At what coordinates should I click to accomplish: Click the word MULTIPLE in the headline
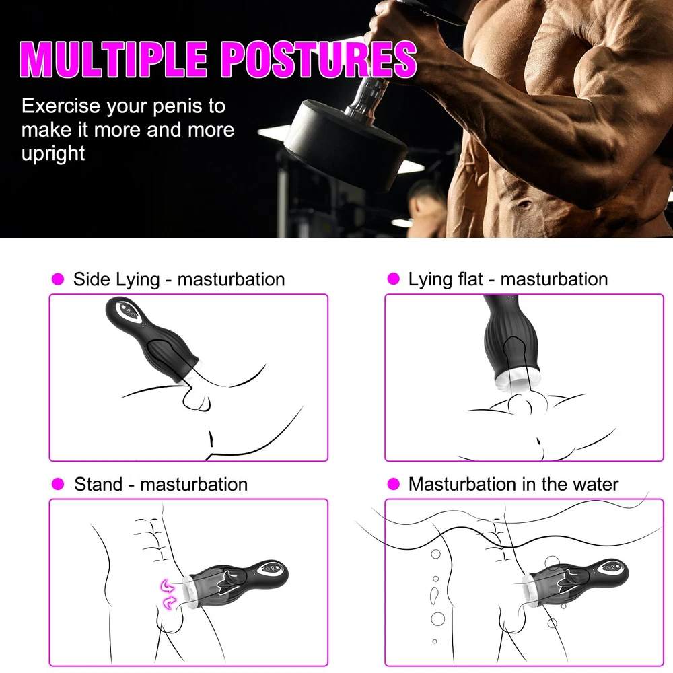[x=113, y=60]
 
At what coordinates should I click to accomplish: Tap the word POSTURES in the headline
[x=319, y=60]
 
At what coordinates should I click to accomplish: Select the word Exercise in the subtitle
[x=61, y=106]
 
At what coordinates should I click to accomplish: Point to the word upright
[x=53, y=153]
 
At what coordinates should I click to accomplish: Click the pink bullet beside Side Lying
[x=57, y=279]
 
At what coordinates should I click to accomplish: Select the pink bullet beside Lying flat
[x=393, y=279]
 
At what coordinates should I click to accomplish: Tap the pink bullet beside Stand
[x=57, y=484]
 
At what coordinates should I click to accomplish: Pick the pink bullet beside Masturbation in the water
[x=393, y=484]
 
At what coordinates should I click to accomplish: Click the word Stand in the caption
[x=98, y=484]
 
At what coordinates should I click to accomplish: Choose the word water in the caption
[x=596, y=484]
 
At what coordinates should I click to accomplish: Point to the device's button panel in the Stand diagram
[x=272, y=569]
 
